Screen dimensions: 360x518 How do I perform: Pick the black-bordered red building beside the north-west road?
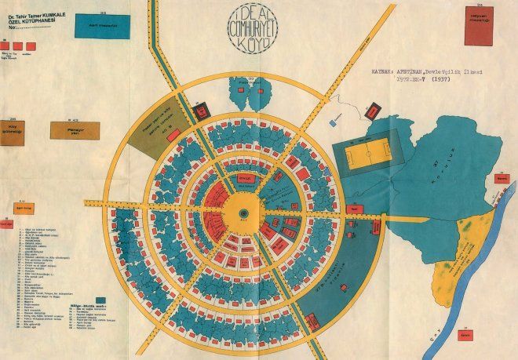(199, 109)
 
